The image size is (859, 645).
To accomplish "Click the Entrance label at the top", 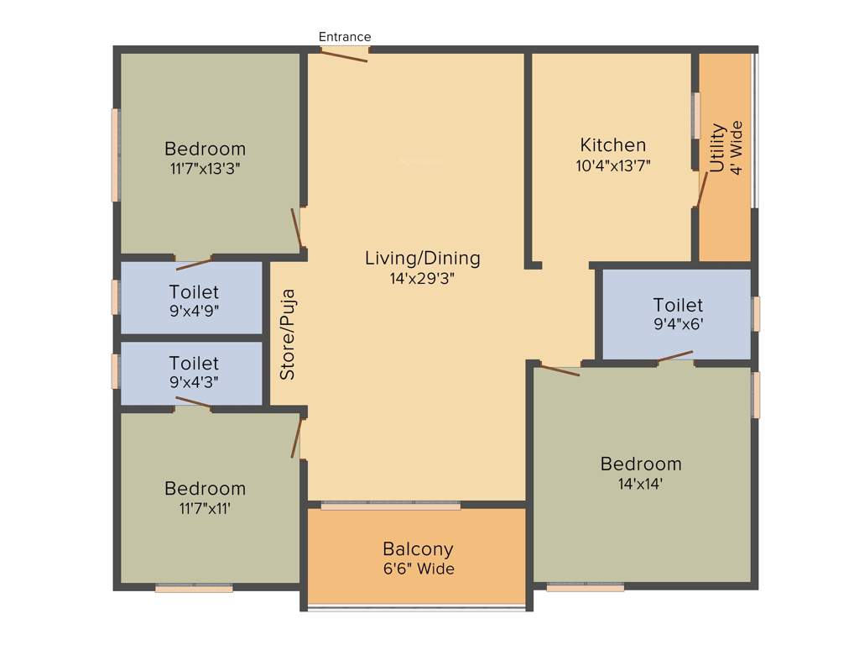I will [345, 37].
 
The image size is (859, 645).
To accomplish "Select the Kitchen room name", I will [613, 145].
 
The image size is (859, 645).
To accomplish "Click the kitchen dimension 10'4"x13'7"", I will [613, 165].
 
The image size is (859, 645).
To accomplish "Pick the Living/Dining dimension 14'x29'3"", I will [423, 278].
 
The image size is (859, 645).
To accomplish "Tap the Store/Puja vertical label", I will [288, 335].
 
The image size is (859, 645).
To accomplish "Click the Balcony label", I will [418, 549].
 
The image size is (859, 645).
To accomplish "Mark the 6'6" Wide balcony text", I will [418, 569].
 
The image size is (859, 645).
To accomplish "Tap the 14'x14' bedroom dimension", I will [641, 484].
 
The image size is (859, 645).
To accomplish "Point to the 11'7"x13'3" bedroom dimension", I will [205, 169].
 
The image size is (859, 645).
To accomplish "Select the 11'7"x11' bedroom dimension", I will [205, 508].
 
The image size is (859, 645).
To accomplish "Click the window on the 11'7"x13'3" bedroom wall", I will [115, 155].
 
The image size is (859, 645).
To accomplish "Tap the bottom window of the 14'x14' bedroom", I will [585, 587].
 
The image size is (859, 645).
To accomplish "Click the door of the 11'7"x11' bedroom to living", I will [296, 438].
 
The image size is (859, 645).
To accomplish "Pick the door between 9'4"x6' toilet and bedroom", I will [675, 356].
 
